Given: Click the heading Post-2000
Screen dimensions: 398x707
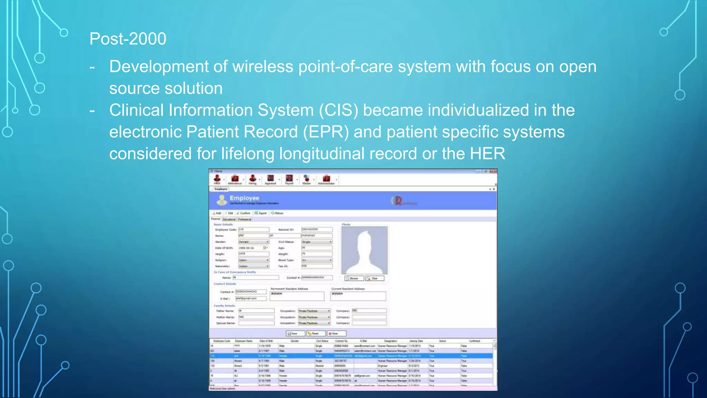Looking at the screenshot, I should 128,39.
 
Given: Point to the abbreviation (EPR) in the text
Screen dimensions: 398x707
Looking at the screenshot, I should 326,132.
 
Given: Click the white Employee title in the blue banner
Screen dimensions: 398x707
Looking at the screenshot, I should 244,198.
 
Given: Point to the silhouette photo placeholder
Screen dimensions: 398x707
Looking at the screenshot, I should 364,250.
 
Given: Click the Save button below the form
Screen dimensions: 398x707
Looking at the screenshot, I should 295,333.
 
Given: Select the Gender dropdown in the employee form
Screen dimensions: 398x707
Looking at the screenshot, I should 254,242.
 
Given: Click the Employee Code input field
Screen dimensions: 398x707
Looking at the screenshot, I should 254,229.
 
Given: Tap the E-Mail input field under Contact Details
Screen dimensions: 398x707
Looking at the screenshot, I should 251,298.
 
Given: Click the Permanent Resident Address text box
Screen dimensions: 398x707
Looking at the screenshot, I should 297,296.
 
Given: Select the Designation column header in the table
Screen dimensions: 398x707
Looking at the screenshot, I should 390,341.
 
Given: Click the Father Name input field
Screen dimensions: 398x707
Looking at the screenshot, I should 256,311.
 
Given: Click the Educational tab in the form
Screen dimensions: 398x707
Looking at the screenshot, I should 229,219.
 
